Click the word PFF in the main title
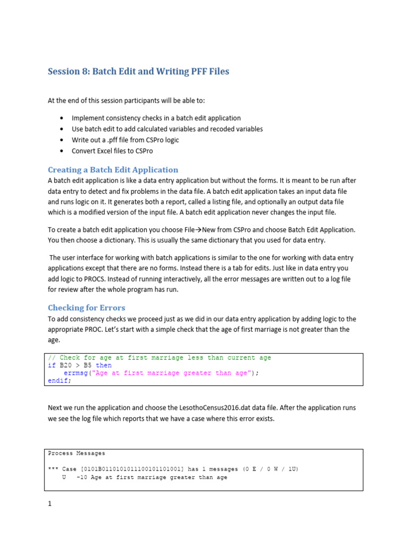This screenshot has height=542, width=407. (x=185, y=71)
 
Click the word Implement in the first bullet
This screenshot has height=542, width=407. (x=89, y=118)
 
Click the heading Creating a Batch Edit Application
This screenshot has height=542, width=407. (x=113, y=170)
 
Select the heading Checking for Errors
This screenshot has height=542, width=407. (x=86, y=308)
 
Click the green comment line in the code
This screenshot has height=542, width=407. (x=159, y=358)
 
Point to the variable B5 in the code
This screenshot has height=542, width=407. (x=87, y=365)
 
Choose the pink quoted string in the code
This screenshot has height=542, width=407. (x=171, y=373)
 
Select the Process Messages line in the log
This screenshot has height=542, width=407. (x=76, y=453)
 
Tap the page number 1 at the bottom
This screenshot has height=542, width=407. (x=50, y=504)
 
